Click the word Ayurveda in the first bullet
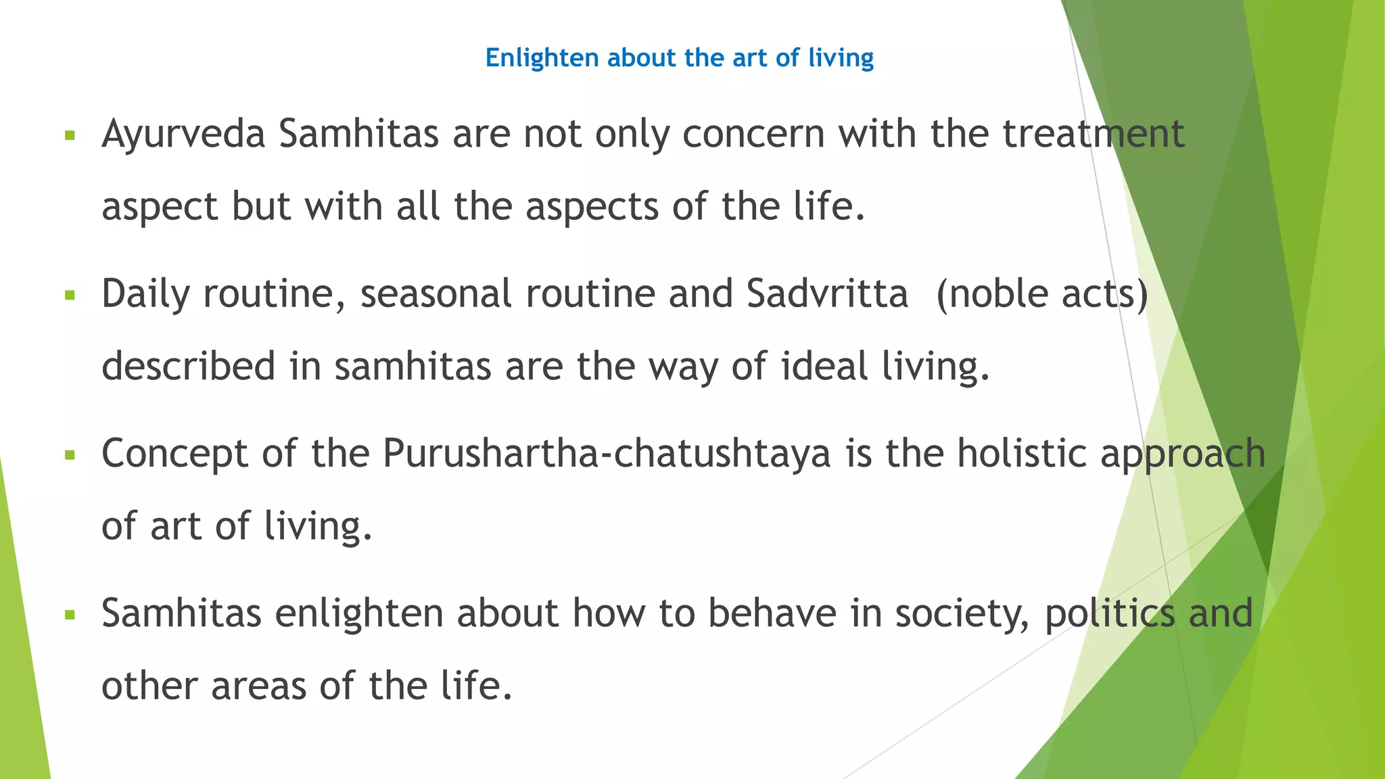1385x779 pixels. click(x=183, y=135)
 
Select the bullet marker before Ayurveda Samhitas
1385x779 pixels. click(x=69, y=135)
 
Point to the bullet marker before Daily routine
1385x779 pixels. click(x=69, y=295)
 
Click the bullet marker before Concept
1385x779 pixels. click(x=69, y=455)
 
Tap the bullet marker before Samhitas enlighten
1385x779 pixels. click(x=69, y=615)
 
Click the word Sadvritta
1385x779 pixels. click(x=827, y=294)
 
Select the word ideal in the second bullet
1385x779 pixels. click(x=824, y=367)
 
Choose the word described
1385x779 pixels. click(x=188, y=367)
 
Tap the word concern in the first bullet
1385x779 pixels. click(x=753, y=135)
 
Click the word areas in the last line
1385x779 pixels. click(x=258, y=686)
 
